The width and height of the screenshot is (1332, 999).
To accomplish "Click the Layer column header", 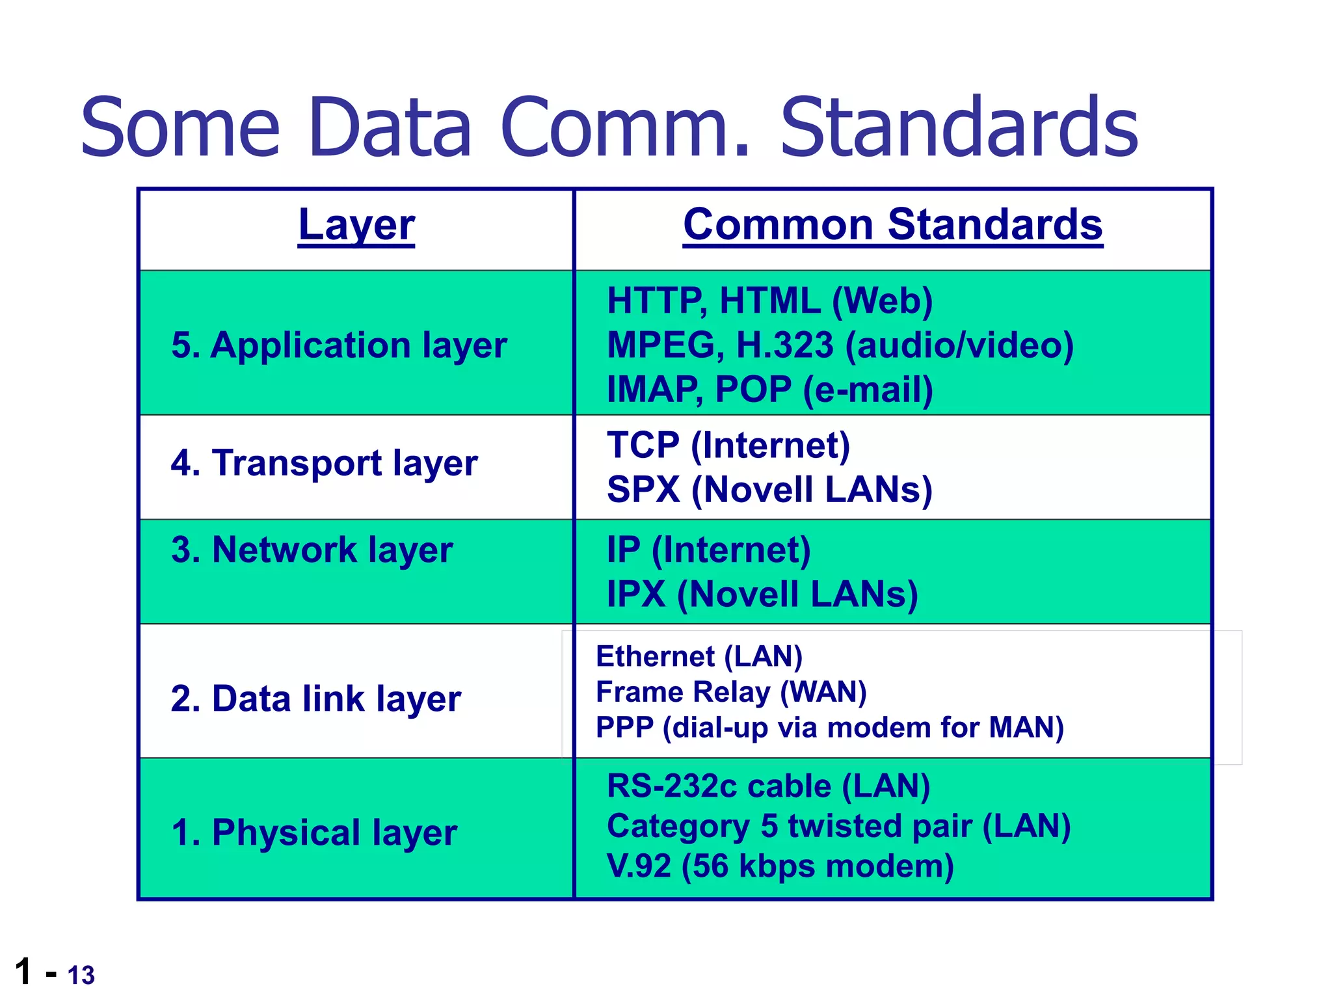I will coord(356,225).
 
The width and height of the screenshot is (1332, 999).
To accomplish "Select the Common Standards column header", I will coord(892,225).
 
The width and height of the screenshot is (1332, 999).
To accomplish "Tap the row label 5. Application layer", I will coord(339,345).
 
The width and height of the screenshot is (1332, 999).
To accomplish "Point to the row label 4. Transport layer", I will coord(324,463).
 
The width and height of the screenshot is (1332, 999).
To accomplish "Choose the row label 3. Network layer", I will coord(312,550).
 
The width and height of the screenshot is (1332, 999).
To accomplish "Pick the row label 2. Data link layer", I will coord(315,699).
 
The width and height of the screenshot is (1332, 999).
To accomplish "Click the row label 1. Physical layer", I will coord(314,832).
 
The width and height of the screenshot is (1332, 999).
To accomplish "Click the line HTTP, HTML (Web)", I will coord(769,301).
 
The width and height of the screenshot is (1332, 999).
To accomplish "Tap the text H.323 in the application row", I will coord(784,345).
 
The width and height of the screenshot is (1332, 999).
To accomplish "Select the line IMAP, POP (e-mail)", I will coord(769,390).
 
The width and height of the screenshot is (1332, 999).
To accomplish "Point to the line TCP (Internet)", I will coord(728,446).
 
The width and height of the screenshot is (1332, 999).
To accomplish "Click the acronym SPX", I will coord(643,490).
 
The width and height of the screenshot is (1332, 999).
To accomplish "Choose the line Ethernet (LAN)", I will coord(699,656).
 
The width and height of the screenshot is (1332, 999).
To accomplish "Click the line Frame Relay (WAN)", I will coord(730,692).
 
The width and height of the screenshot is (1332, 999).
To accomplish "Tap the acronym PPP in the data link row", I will coord(624,727).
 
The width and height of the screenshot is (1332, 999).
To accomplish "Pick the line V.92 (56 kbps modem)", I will coord(780,866).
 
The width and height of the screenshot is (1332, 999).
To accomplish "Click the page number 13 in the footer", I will coord(81,976).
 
